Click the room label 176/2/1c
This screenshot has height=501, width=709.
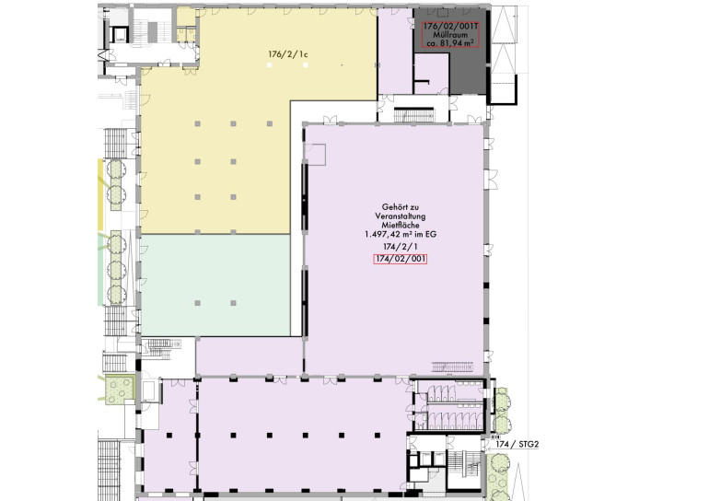point(288,54)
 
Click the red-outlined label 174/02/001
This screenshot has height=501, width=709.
point(401,259)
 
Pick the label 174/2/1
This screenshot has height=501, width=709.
point(401,247)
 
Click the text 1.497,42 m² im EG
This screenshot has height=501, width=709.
point(401,234)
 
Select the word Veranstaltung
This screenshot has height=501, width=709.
point(401,216)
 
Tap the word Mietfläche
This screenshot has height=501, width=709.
point(401,226)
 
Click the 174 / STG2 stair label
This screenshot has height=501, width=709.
point(517,444)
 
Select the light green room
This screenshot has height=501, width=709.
point(215,285)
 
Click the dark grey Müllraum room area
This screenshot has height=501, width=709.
point(468,73)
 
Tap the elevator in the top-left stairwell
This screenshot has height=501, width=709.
point(120,35)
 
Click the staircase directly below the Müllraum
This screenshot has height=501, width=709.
point(413,115)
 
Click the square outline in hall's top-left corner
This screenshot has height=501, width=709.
point(316,155)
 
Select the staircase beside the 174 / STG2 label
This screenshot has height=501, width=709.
point(463,466)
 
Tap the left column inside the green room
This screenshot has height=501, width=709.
point(198,303)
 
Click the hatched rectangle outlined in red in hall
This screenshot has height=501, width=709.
point(452,367)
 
